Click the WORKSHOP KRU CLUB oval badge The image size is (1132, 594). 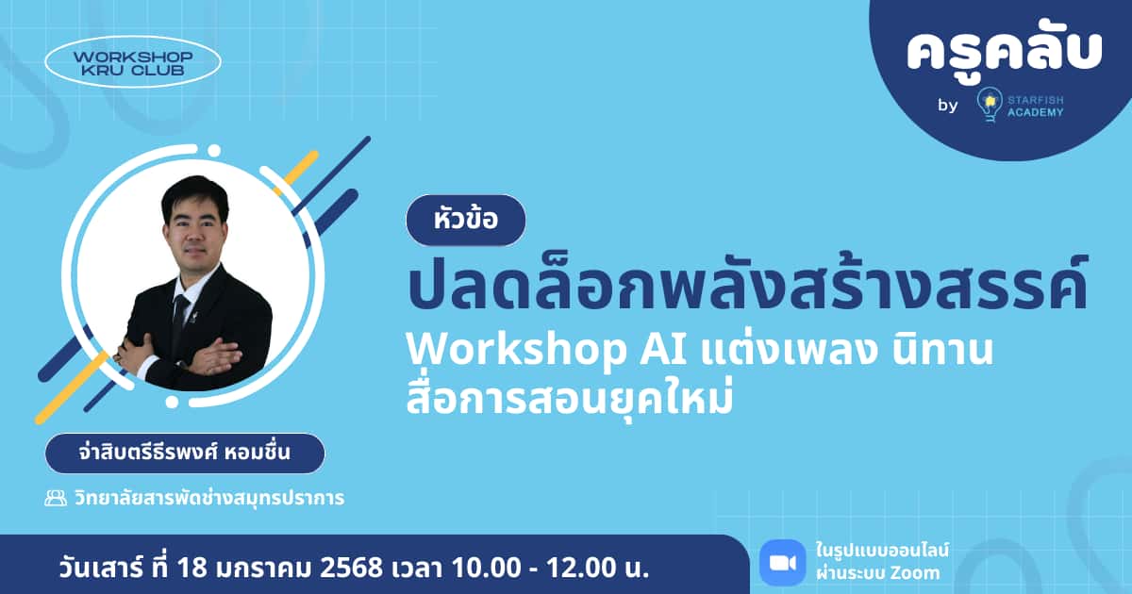(133, 62)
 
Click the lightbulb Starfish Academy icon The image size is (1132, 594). (989, 104)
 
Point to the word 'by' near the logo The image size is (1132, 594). (947, 106)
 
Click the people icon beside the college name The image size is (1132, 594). (56, 498)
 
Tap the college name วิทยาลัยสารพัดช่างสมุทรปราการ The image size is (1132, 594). (208, 498)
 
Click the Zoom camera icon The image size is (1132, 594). (782, 562)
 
